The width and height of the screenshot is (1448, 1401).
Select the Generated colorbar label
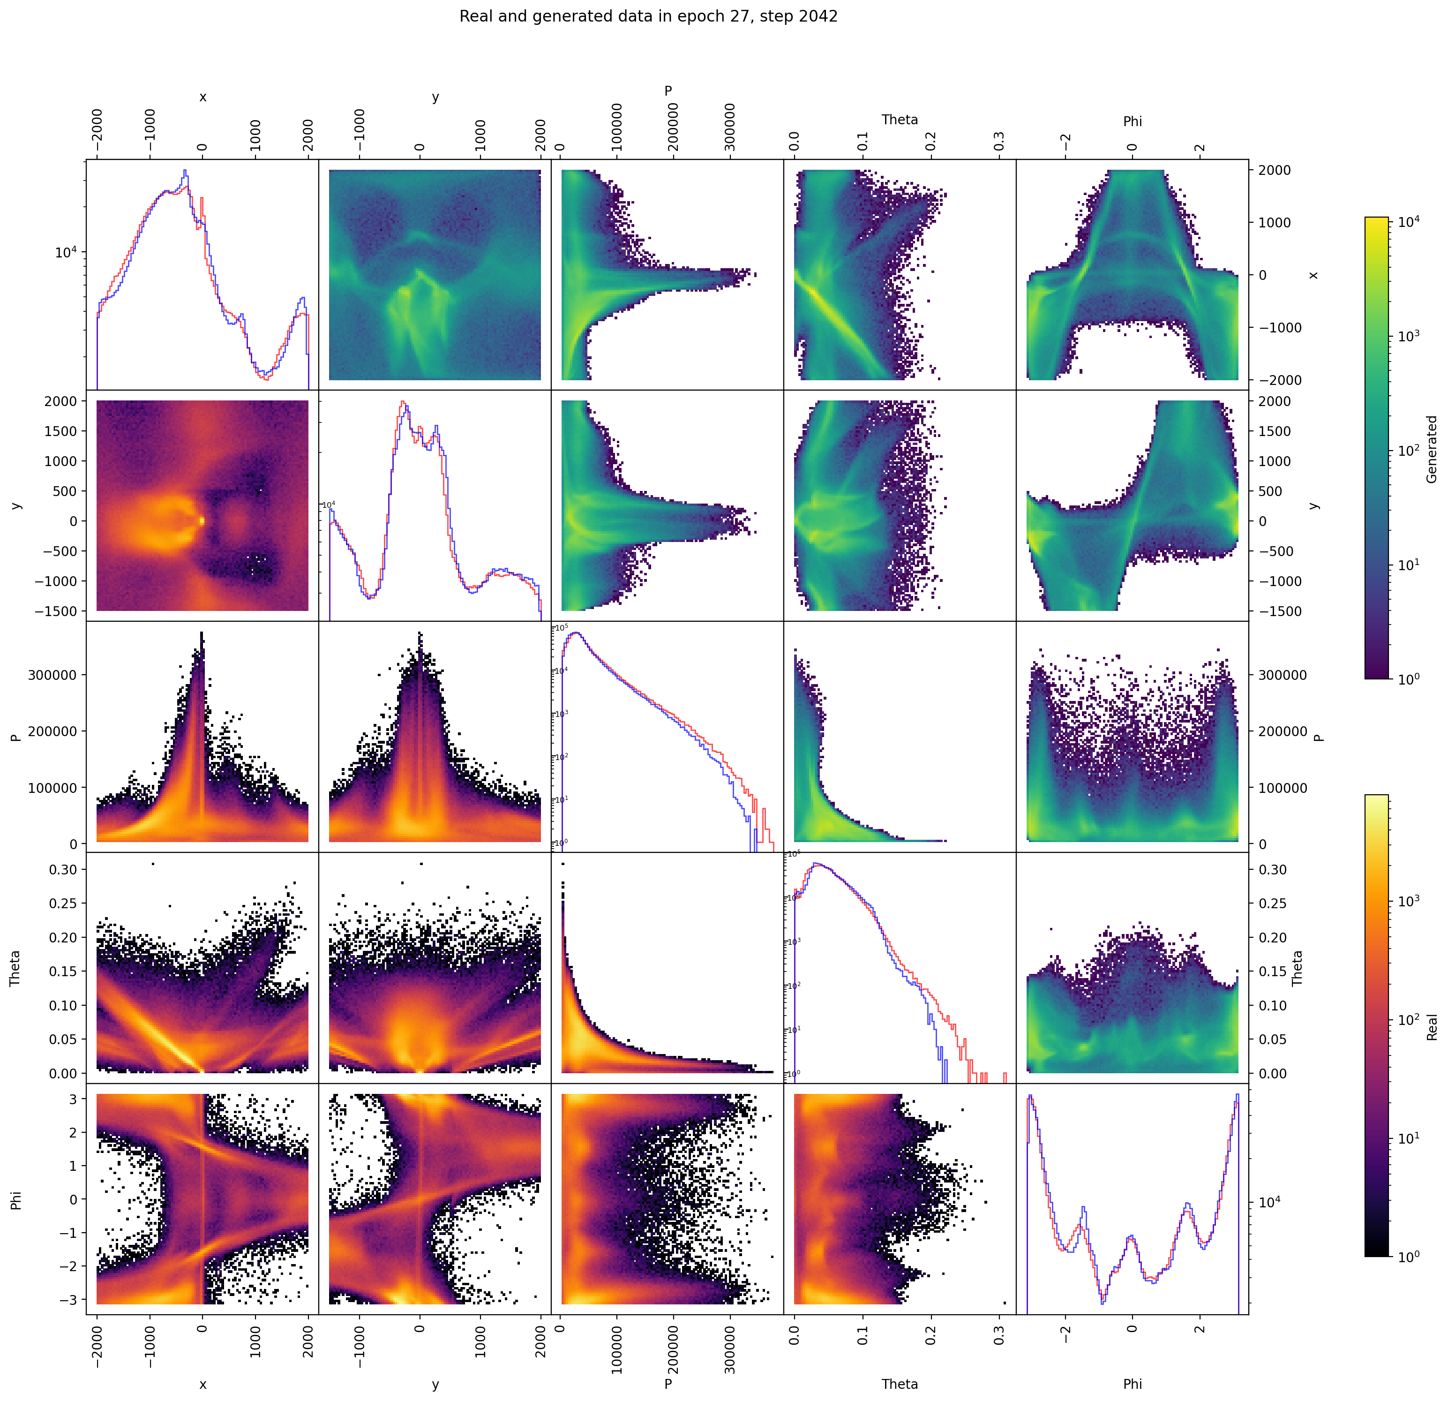tap(1431, 449)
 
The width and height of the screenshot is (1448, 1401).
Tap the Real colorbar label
tap(1431, 1027)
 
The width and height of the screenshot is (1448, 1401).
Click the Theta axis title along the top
tap(899, 120)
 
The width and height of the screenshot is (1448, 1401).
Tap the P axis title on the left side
tap(15, 737)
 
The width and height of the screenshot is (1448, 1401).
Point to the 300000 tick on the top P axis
tap(730, 127)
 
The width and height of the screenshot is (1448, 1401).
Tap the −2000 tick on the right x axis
tap(1275, 380)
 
